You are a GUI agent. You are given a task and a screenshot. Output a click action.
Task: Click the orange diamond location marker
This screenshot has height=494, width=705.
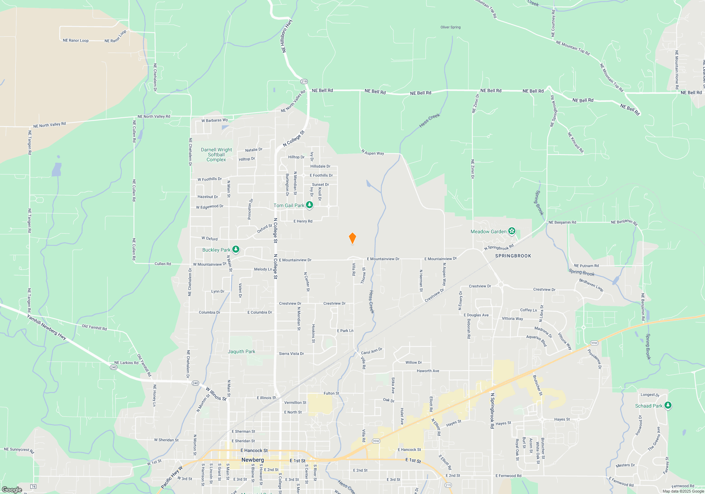click(352, 238)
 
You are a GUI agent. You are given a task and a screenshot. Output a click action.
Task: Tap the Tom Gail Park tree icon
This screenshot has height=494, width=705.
click(309, 205)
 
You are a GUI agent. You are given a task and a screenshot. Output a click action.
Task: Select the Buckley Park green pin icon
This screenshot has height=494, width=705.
click(236, 249)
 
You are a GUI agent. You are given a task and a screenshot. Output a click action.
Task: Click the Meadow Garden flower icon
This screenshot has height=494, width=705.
click(512, 231)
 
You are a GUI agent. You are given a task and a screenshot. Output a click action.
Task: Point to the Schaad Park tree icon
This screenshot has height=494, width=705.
click(668, 405)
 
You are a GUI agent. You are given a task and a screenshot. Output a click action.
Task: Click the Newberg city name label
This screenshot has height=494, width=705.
click(252, 460)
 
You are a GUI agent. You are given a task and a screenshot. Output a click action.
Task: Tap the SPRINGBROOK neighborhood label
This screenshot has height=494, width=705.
click(513, 256)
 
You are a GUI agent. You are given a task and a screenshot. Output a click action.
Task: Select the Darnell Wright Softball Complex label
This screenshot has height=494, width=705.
click(216, 155)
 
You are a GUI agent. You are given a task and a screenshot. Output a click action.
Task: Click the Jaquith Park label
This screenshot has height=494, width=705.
click(241, 351)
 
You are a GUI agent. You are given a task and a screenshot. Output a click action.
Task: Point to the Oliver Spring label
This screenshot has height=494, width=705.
click(450, 27)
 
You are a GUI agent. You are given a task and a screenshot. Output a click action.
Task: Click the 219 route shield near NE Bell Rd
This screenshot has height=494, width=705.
click(304, 82)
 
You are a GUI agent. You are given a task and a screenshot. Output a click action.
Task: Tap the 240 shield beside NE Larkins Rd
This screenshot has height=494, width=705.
click(114, 367)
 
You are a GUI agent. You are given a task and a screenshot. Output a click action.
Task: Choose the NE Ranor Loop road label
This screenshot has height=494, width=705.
click(75, 41)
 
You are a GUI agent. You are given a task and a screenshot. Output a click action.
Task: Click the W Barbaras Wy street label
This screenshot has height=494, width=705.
click(214, 120)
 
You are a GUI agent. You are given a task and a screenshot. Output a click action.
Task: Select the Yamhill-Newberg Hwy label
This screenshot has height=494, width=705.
click(47, 327)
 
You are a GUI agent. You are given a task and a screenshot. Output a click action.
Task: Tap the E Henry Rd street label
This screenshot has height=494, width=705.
click(303, 221)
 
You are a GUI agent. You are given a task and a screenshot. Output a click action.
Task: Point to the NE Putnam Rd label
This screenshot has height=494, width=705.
click(586, 266)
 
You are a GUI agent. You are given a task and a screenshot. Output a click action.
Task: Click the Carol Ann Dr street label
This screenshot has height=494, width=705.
click(372, 351)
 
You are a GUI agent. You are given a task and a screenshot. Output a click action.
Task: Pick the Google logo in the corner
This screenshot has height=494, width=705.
click(12, 490)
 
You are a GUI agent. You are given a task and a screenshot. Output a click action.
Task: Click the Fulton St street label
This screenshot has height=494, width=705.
click(331, 393)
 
